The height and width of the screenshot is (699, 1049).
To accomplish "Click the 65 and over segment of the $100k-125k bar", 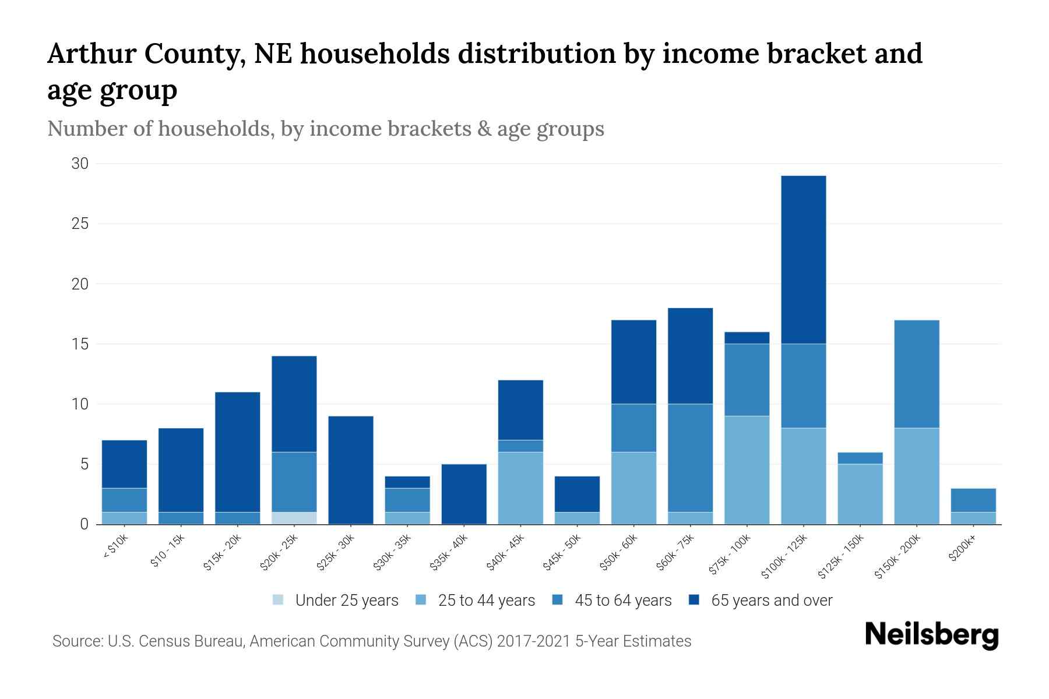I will pyautogui.click(x=803, y=259).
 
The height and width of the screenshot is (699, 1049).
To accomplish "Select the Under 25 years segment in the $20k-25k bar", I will pyautogui.click(x=294, y=518).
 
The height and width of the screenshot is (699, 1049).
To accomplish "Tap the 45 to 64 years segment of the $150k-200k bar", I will pyautogui.click(x=916, y=374).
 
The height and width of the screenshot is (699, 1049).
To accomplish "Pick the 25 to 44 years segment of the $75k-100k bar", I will pyautogui.click(x=747, y=469).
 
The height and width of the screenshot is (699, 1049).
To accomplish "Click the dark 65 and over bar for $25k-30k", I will pyautogui.click(x=351, y=469).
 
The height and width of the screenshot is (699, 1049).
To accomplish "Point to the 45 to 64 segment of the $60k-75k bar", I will pyautogui.click(x=690, y=457).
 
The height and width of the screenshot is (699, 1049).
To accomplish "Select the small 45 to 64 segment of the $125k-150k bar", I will pyautogui.click(x=860, y=458).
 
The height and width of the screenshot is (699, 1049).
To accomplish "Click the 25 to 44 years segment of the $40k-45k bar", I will pyautogui.click(x=520, y=488).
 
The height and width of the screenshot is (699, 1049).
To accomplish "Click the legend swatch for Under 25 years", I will pyautogui.click(x=279, y=600).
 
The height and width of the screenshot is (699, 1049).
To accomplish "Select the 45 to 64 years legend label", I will pyautogui.click(x=623, y=601).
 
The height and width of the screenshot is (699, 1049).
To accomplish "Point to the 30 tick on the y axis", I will pyautogui.click(x=80, y=164).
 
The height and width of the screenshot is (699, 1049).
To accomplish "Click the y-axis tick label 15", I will pyautogui.click(x=80, y=344).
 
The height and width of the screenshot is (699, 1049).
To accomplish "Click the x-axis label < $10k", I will pyautogui.click(x=115, y=547).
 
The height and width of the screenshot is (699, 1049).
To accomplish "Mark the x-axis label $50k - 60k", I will pyautogui.click(x=619, y=553).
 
